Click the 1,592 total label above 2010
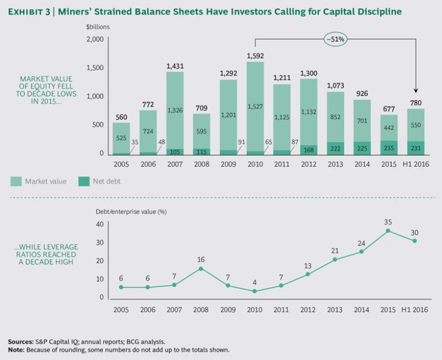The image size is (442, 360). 255,56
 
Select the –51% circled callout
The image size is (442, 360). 335,40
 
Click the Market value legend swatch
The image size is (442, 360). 16,181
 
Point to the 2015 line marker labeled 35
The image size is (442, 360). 388,230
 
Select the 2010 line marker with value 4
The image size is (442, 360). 255,291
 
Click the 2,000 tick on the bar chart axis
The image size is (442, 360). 94,39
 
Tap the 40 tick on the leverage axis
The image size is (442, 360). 99,224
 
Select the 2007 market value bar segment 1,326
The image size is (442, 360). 175,109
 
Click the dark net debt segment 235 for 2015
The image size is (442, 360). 388,147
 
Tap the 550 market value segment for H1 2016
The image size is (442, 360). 415,124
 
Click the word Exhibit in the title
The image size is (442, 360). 25,12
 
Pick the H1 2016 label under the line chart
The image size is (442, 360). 414,310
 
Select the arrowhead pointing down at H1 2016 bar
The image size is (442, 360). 415,90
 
